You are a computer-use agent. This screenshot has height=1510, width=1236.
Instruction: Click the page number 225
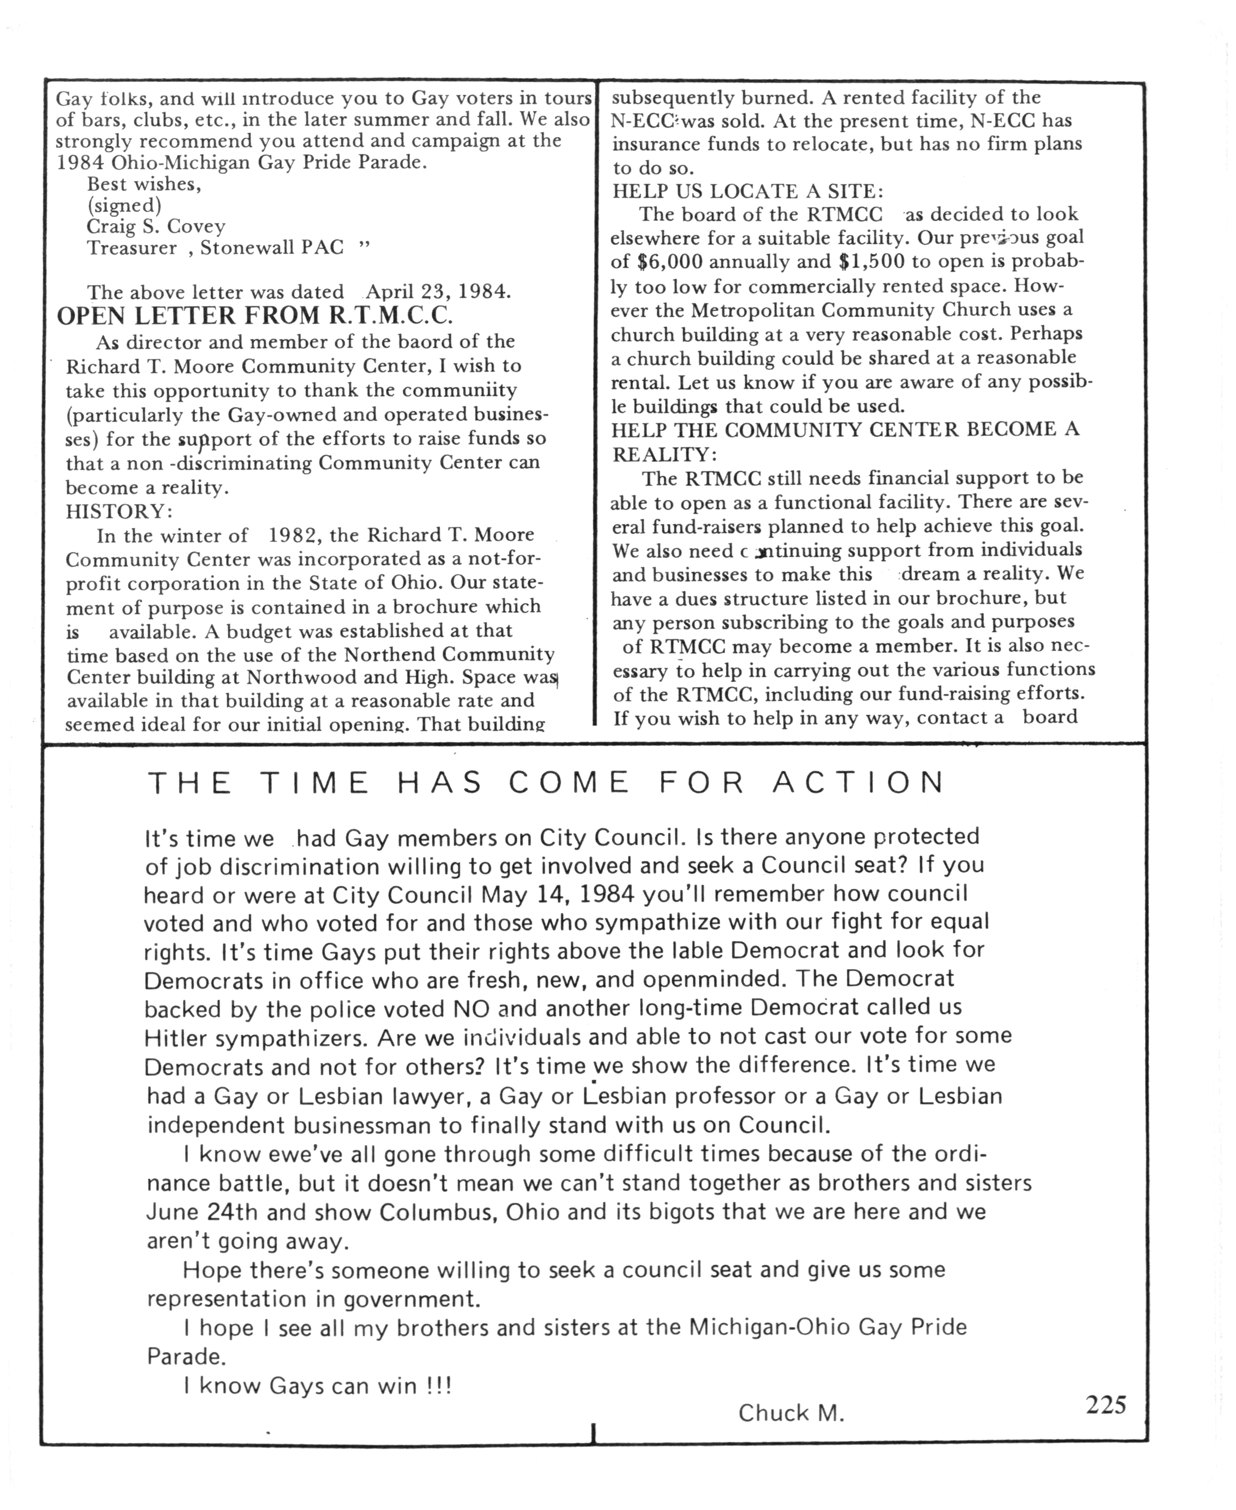[x=1106, y=1404]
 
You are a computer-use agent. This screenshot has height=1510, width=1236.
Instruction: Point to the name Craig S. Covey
[x=156, y=226]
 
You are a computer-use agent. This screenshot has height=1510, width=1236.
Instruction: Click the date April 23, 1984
[x=438, y=292]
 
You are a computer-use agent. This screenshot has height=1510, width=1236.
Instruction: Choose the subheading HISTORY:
[x=119, y=511]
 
